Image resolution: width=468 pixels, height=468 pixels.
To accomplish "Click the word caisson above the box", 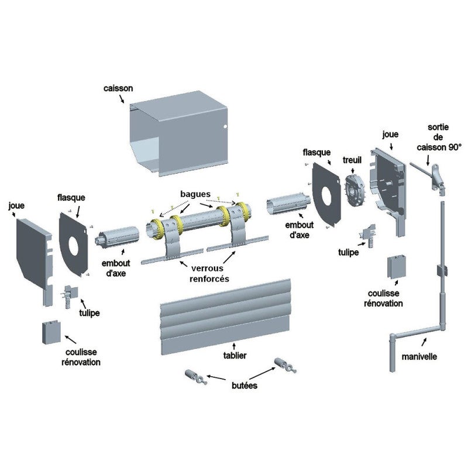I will [x=119, y=88].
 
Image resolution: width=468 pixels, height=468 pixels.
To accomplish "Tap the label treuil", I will [x=353, y=159].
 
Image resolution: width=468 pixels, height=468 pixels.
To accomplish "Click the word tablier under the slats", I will [x=235, y=355].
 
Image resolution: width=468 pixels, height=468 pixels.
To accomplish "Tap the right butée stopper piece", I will [x=285, y=366].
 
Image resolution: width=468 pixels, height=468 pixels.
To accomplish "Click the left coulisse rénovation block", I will [x=51, y=332].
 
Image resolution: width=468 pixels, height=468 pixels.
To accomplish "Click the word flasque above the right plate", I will [x=317, y=152].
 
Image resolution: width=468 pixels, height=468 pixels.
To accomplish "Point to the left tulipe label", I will [x=90, y=313].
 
